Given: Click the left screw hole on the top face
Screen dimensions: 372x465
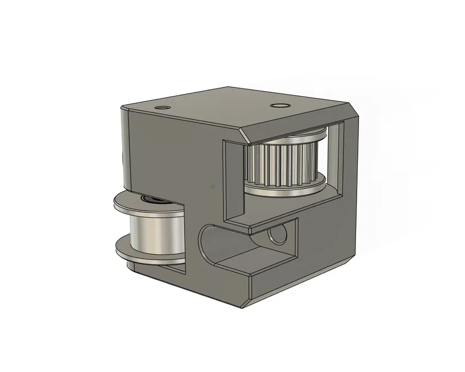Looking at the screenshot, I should pyautogui.click(x=161, y=107).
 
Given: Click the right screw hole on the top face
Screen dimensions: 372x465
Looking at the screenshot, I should pyautogui.click(x=278, y=106).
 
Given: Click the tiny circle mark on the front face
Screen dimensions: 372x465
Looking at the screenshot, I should pyautogui.click(x=213, y=186).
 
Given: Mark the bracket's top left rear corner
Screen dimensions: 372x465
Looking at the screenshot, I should pyautogui.click(x=123, y=108).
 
